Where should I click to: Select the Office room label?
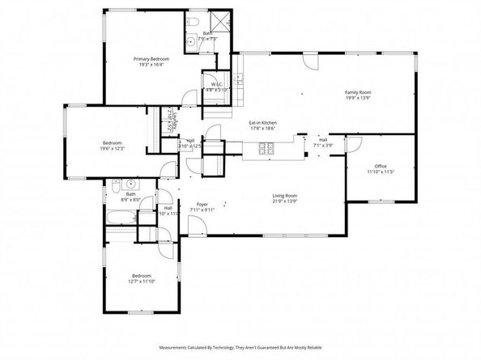click(379, 167)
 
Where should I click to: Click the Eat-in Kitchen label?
click(263, 122)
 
